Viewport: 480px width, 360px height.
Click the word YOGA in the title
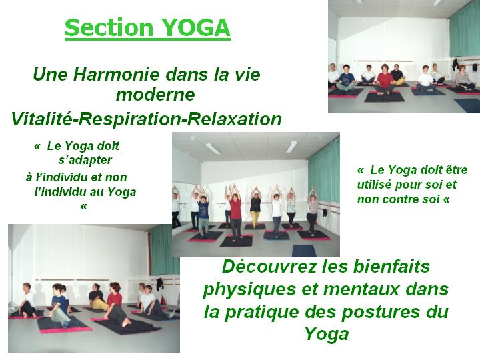click(x=195, y=27)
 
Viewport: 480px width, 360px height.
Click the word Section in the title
click(x=109, y=27)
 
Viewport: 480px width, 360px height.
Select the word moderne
click(x=155, y=94)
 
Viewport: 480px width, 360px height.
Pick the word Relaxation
click(x=235, y=119)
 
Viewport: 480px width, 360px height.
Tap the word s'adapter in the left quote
click(x=85, y=160)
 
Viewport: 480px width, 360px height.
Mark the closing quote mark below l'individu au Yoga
click(x=83, y=207)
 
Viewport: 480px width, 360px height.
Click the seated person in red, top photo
click(x=384, y=79)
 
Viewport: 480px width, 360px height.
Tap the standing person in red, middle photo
click(x=235, y=215)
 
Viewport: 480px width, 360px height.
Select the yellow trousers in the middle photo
click(x=255, y=219)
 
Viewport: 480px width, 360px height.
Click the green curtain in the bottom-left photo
click(x=164, y=250)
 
